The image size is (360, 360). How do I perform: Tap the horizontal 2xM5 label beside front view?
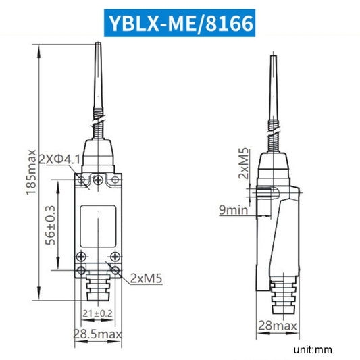point(147,277)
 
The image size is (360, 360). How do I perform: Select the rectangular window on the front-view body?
point(99,226)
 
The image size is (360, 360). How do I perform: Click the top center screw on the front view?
point(99,180)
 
